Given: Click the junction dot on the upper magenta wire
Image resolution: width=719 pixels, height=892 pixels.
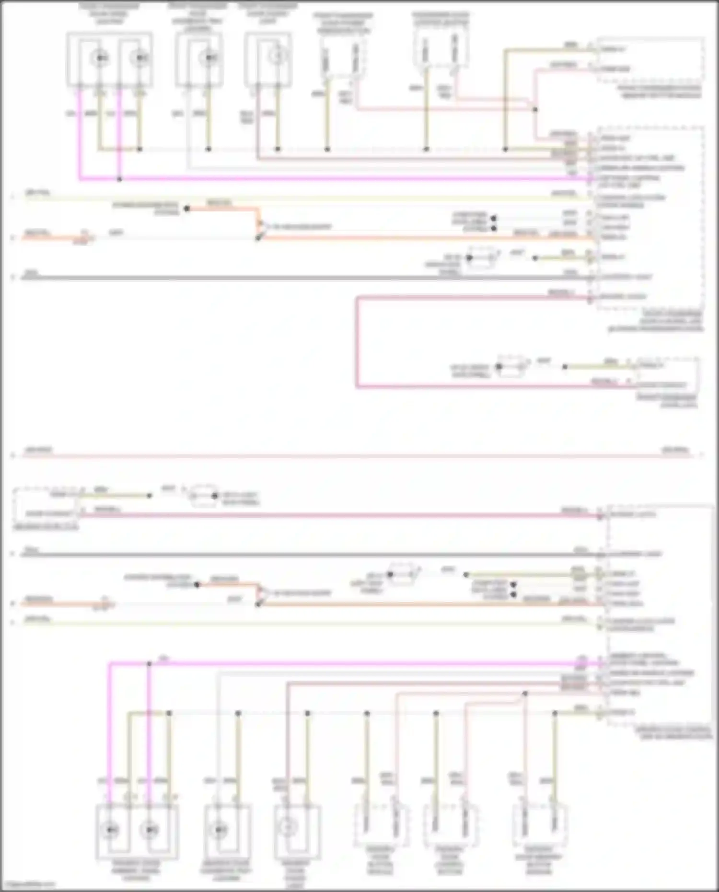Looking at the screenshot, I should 119,179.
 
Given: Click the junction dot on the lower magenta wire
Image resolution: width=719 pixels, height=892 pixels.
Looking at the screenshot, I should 149,663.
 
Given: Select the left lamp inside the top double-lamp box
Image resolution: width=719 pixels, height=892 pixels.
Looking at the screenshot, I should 100,58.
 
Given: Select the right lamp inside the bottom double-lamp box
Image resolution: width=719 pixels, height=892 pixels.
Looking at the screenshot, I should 151,829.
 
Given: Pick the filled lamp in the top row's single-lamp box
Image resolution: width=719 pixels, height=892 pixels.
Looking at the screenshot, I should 209,58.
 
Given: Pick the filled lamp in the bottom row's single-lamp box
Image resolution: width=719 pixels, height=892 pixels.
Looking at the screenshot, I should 220,829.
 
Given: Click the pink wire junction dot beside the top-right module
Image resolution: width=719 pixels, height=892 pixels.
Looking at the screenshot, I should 535,110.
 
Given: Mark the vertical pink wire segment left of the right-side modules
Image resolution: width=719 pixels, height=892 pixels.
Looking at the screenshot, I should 357,342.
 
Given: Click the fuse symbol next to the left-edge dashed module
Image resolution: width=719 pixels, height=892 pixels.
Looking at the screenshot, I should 204,496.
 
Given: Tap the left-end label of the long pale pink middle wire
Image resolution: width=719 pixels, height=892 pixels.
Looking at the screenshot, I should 38,451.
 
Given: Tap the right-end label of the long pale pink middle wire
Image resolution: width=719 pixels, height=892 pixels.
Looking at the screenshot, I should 675,451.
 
